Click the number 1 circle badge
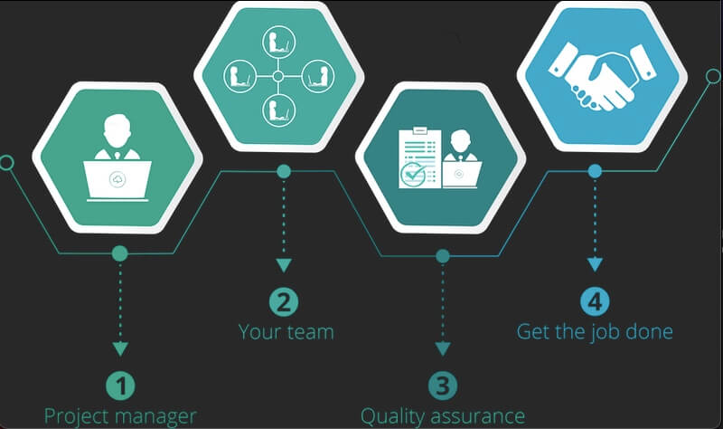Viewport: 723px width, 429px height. [119, 386]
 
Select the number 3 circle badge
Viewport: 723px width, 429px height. [442, 386]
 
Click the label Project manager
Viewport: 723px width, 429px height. [120, 416]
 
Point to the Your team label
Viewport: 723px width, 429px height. [286, 331]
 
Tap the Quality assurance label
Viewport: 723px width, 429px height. [443, 416]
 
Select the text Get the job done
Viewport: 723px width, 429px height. [595, 331]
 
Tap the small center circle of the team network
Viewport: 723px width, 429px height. [277, 76]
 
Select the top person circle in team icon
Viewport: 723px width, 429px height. [277, 42]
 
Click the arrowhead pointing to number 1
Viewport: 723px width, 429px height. [119, 348]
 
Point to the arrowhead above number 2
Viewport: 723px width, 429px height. [284, 265]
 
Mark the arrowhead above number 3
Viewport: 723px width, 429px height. [442, 348]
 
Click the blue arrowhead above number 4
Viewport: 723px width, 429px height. [594, 265]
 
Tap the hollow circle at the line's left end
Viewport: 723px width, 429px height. [6, 164]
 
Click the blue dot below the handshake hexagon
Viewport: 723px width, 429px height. [594, 169]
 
